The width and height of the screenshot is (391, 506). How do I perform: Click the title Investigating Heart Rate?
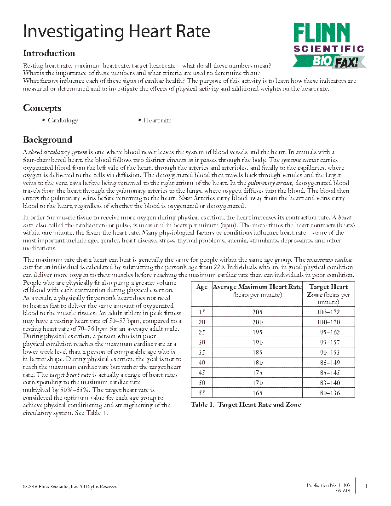pyautogui.click(x=116, y=32)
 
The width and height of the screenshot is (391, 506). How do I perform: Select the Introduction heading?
pyautogui.click(x=49, y=53)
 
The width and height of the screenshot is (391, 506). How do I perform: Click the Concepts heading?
pyautogui.click(x=42, y=109)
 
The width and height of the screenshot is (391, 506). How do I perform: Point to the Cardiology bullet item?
pyautogui.click(x=63, y=121)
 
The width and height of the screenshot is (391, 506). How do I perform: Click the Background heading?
pyautogui.click(x=47, y=140)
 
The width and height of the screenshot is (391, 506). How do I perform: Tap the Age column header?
pyautogui.click(x=201, y=287)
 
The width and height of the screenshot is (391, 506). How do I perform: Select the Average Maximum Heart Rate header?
pyautogui.click(x=257, y=291)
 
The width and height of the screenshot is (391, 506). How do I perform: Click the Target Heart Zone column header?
pyautogui.click(x=328, y=294)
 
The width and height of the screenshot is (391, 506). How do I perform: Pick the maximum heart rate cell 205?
pyautogui.click(x=257, y=312)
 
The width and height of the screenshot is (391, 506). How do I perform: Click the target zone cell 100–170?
pyautogui.click(x=328, y=322)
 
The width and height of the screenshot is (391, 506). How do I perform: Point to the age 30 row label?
pyautogui.click(x=201, y=343)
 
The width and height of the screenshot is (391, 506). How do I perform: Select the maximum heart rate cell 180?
pyautogui.click(x=257, y=363)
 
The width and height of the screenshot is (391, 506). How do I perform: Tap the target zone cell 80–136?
pyautogui.click(x=328, y=393)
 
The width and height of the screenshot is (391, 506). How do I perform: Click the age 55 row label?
pyautogui.click(x=201, y=393)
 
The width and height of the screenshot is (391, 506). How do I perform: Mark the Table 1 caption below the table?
pyautogui.click(x=246, y=405)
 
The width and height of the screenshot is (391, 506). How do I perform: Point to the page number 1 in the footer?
pyautogui.click(x=366, y=487)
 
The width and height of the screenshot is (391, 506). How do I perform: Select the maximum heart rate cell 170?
pyautogui.click(x=257, y=383)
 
